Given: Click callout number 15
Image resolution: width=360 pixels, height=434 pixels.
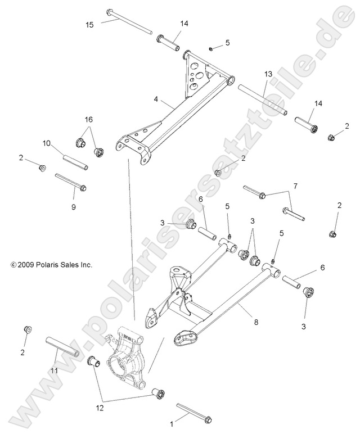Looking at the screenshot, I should tap(90, 24).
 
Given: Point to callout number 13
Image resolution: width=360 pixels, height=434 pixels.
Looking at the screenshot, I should tap(268, 74).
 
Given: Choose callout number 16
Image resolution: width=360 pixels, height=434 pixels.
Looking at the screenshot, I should tap(88, 120).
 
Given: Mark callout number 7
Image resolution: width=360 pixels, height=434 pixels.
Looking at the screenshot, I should tap(294, 185).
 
